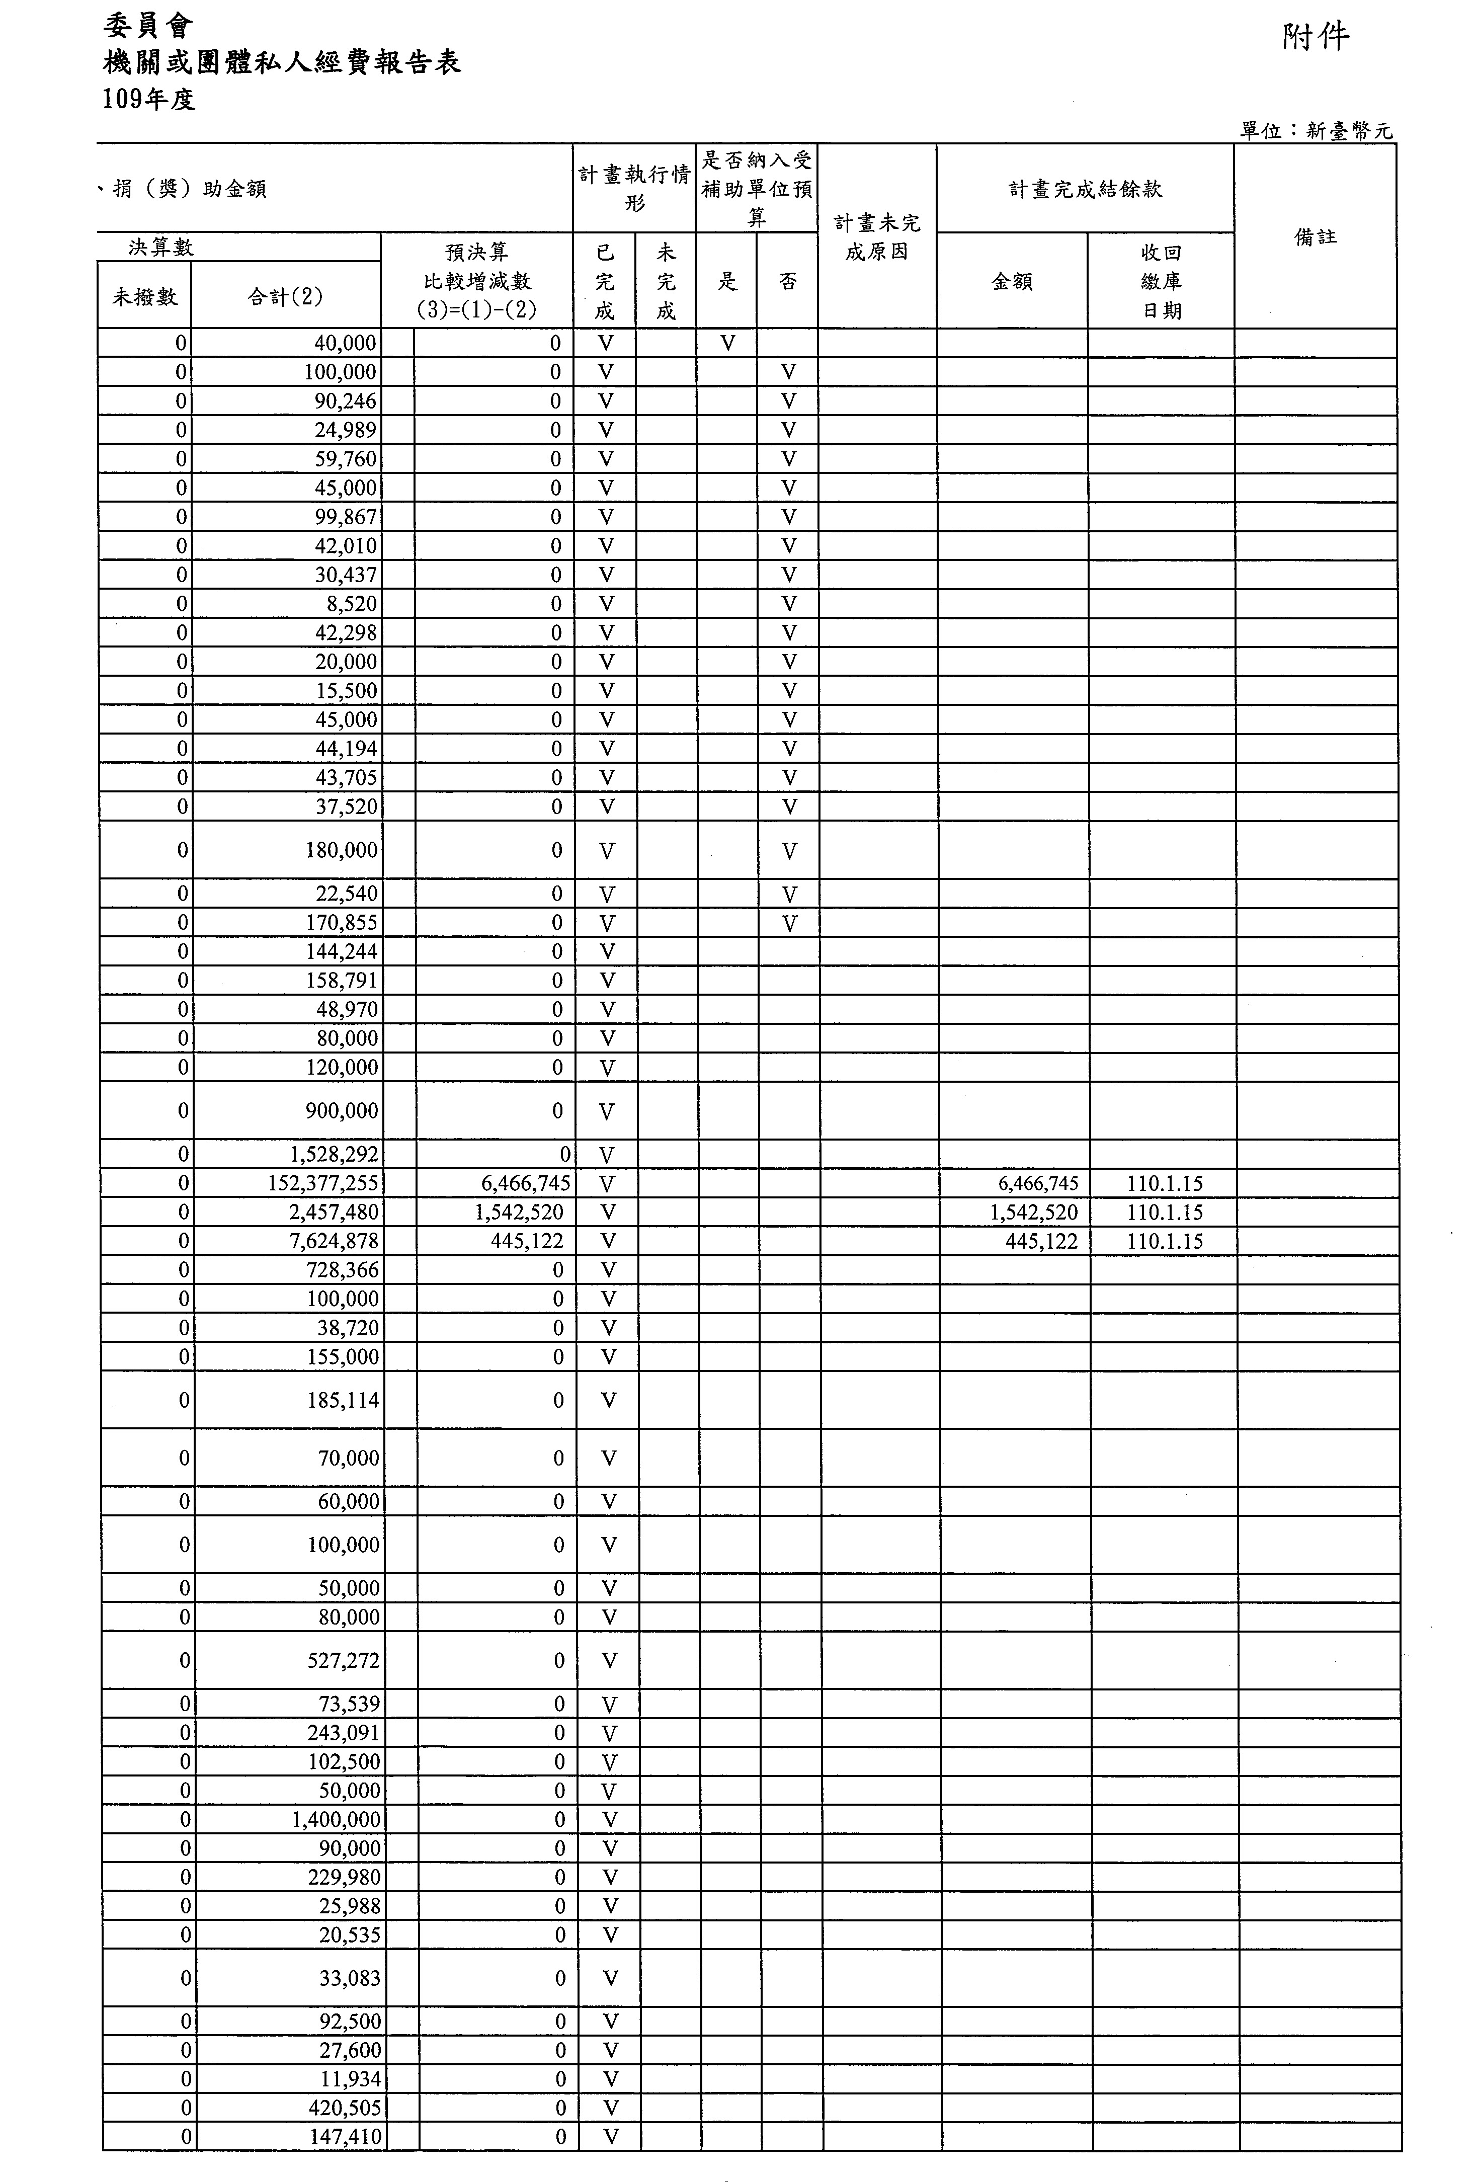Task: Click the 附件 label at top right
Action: click(1315, 38)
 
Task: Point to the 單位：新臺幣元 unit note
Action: click(1317, 131)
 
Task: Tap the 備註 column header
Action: click(1315, 236)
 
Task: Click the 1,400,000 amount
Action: click(336, 1820)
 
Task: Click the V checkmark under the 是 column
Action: click(727, 344)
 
